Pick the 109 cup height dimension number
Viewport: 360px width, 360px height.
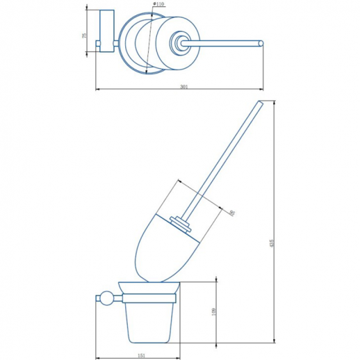[x=214, y=312]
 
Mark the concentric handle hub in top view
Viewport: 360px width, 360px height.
[x=183, y=45]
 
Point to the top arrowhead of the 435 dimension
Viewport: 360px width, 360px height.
[x=272, y=102]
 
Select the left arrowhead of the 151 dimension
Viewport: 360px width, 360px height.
[x=96, y=356]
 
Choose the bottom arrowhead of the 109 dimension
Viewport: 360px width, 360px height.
[x=218, y=343]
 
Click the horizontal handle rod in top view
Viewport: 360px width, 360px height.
[x=222, y=44]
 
